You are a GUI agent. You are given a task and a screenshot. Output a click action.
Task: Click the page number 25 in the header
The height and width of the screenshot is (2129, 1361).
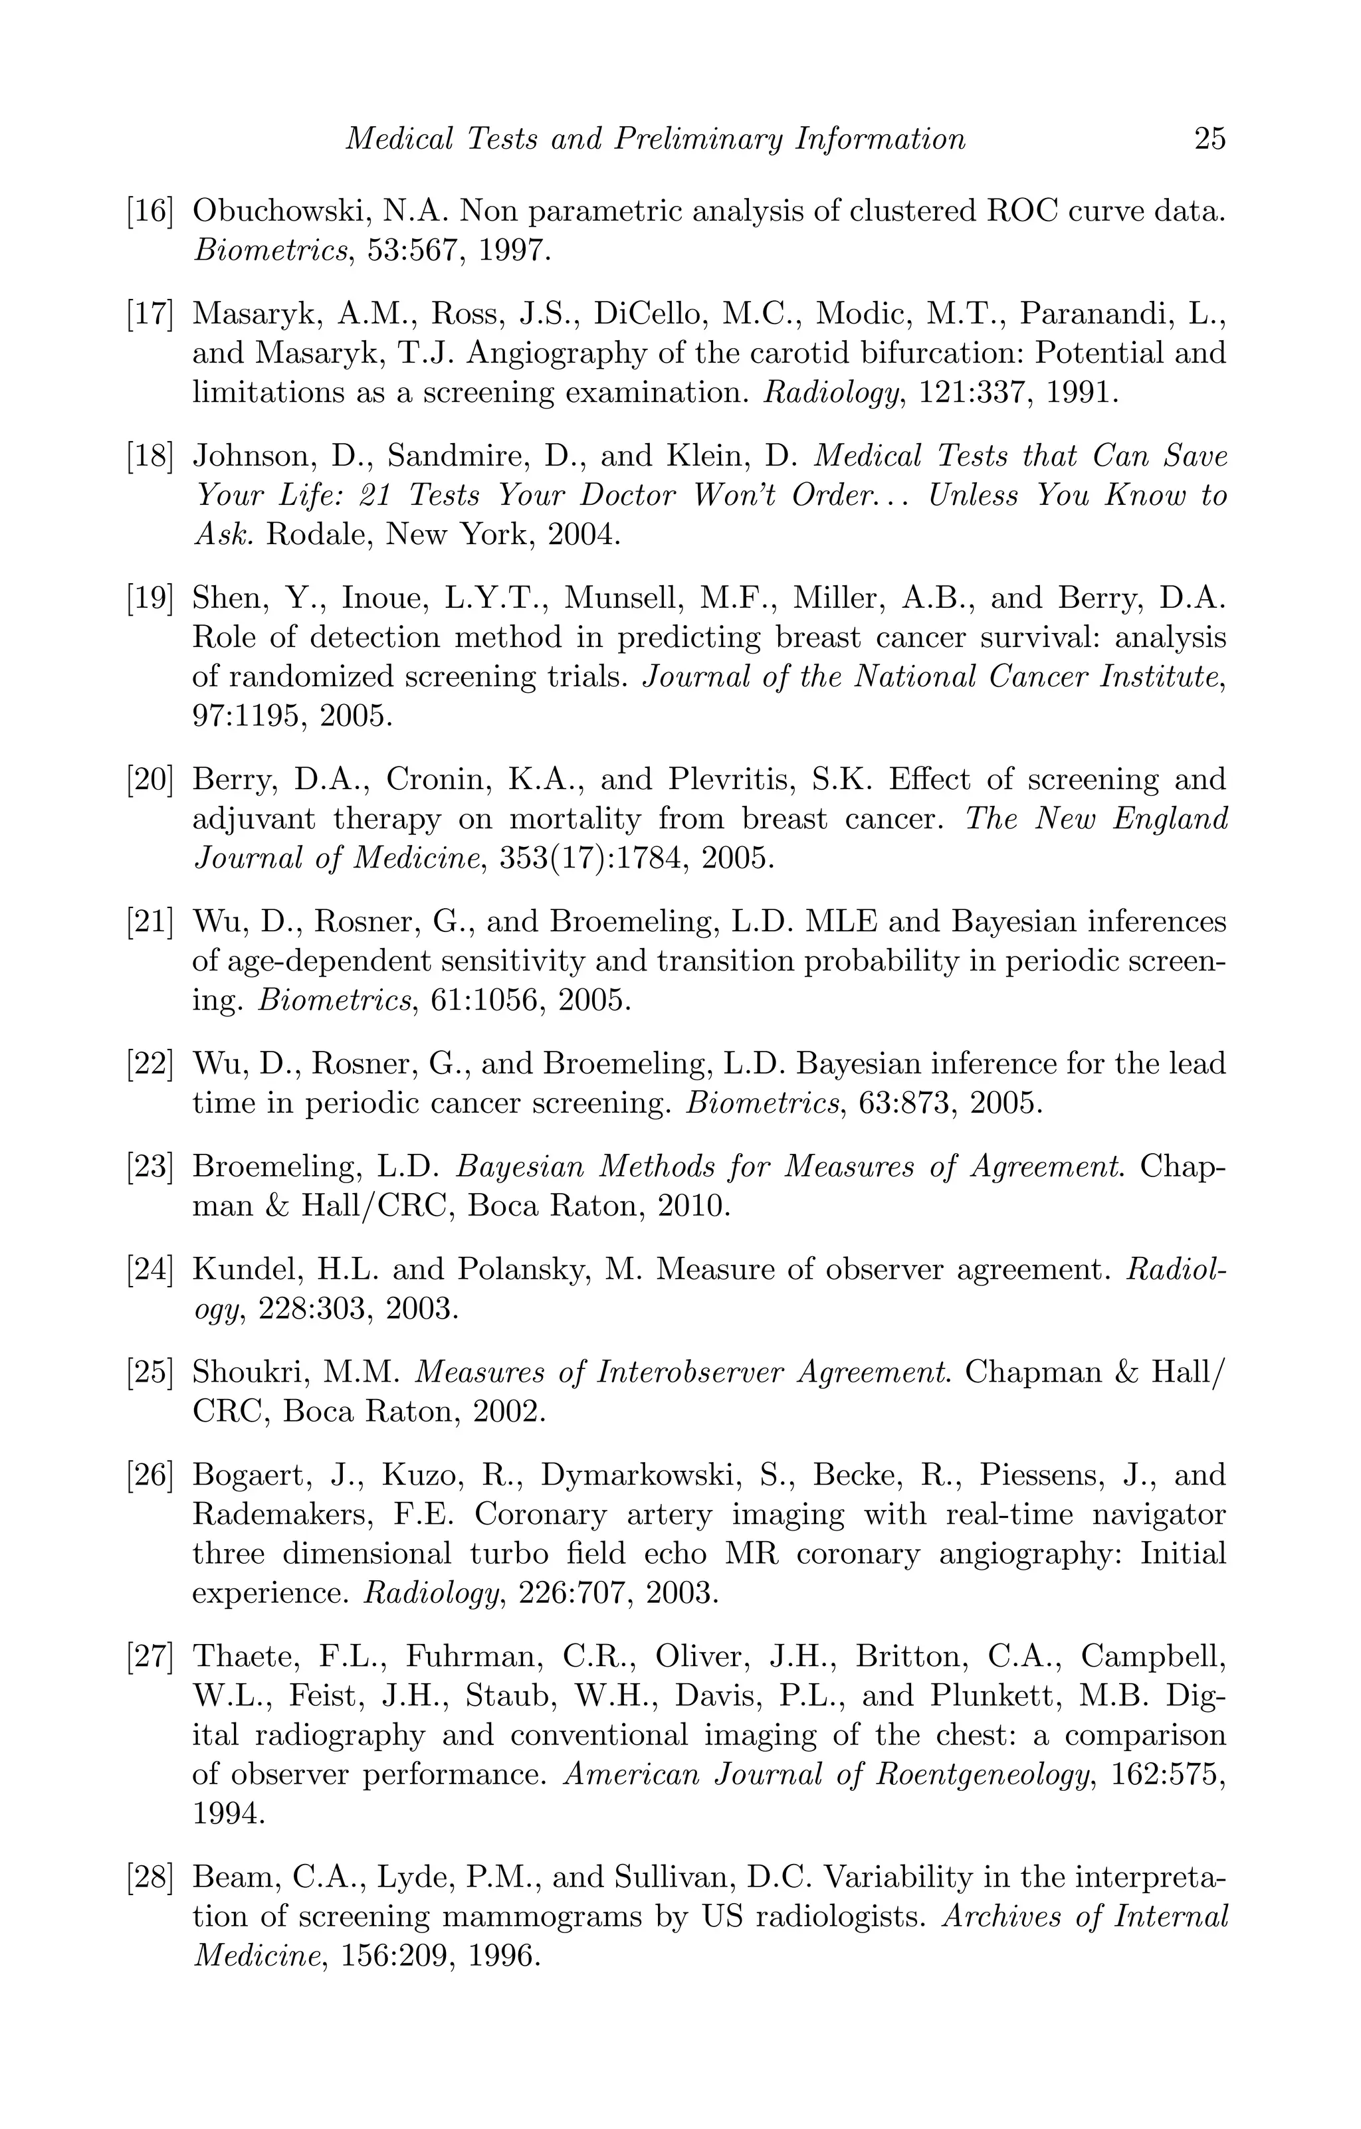1209,139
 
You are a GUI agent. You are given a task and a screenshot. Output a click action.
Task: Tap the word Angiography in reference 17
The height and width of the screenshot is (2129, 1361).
557,353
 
